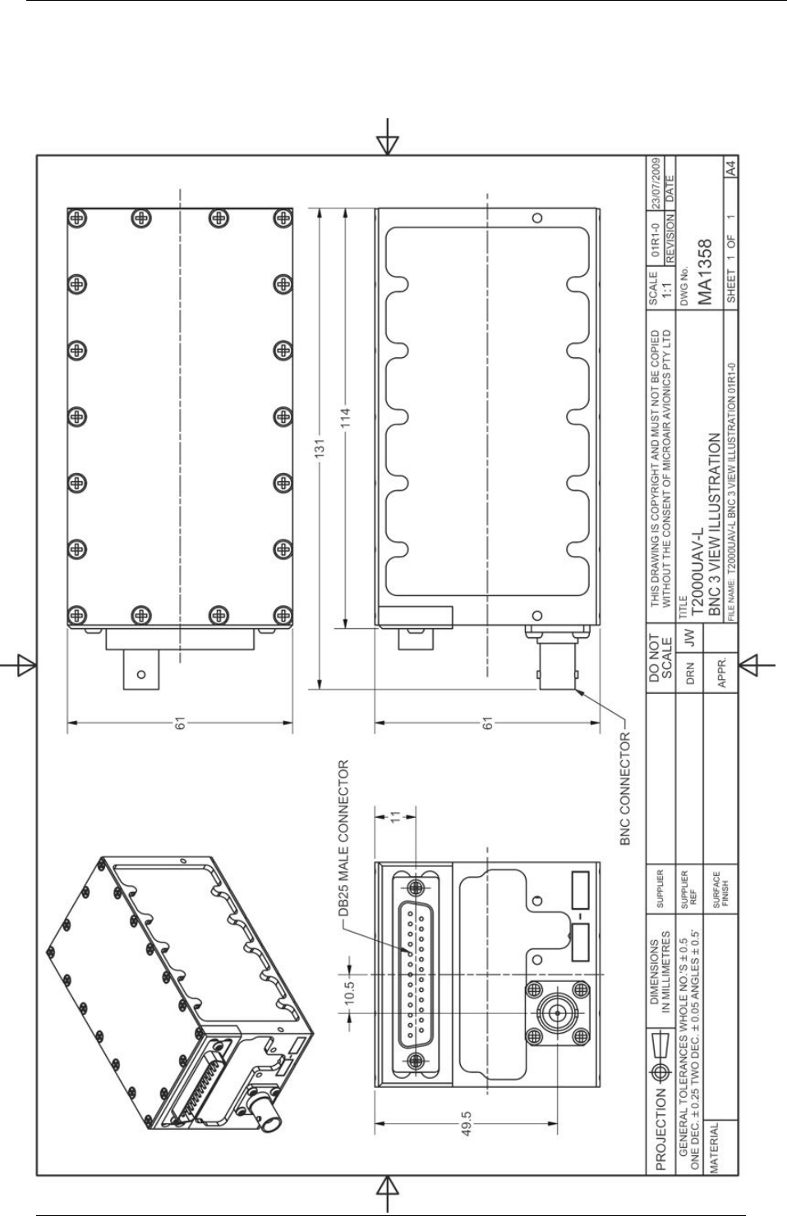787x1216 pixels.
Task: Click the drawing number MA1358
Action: click(x=705, y=272)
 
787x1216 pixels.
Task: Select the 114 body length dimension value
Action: click(x=345, y=417)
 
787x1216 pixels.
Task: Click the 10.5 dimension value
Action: click(x=350, y=992)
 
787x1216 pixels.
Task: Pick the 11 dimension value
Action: click(x=395, y=816)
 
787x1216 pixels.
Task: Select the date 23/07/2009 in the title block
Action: click(x=656, y=183)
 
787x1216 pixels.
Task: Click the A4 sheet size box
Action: click(x=731, y=167)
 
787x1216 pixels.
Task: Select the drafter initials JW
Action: click(x=690, y=639)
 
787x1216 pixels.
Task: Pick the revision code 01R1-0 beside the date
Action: click(x=656, y=239)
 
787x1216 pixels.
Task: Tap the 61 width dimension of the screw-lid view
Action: click(x=180, y=723)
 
